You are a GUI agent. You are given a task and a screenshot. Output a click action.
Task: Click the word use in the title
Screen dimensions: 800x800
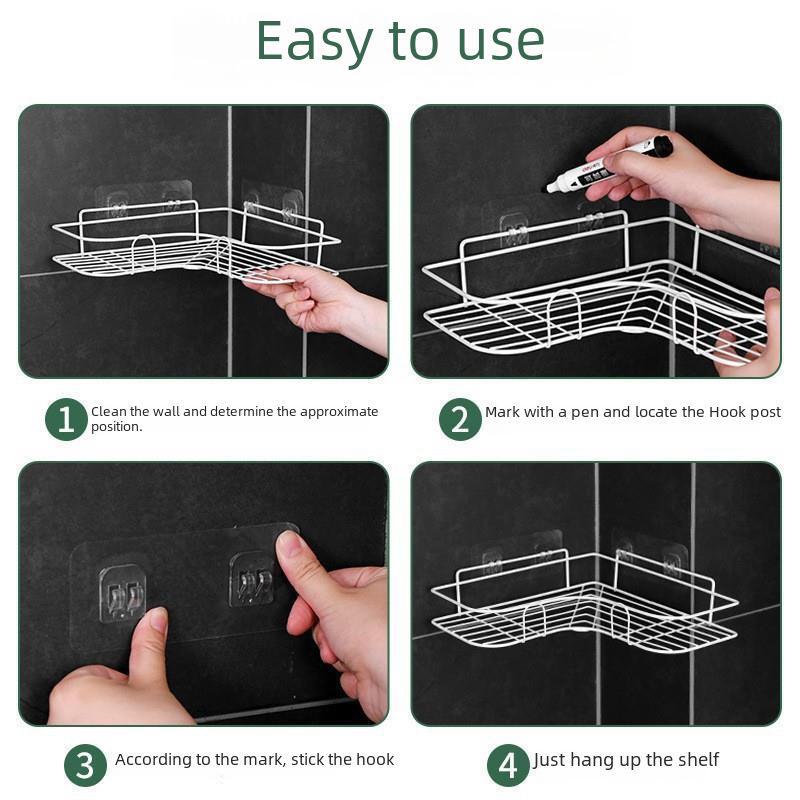pyautogui.click(x=497, y=42)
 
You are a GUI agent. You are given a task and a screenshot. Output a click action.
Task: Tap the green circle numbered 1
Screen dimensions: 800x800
pyautogui.click(x=66, y=419)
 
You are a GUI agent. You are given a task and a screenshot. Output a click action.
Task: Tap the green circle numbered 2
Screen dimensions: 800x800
pyautogui.click(x=460, y=419)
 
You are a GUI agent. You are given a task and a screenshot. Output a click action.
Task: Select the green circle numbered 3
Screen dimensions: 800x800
pyautogui.click(x=85, y=766)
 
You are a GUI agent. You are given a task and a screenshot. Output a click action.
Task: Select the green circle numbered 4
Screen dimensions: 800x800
pyautogui.click(x=508, y=766)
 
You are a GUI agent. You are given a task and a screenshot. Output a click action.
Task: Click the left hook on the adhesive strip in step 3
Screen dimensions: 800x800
pyautogui.click(x=122, y=592)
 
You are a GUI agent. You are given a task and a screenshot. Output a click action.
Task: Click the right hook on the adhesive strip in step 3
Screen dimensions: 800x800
pyautogui.click(x=251, y=579)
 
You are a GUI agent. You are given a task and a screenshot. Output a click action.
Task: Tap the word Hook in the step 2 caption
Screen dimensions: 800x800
pyautogui.click(x=704, y=412)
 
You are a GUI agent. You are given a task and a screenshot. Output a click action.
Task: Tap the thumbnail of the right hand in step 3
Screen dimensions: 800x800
pyautogui.click(x=290, y=545)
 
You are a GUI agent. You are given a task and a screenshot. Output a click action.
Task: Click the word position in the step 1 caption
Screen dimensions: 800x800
pyautogui.click(x=116, y=427)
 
